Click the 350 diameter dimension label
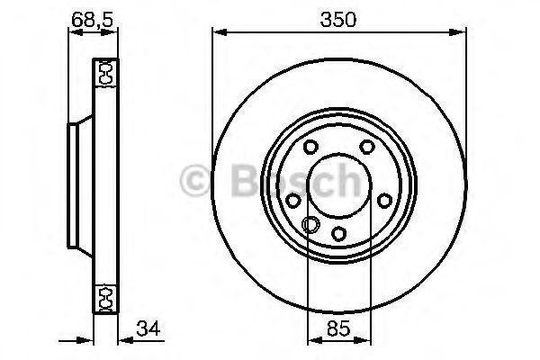click(337, 19)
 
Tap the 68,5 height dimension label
click(93, 19)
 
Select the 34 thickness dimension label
click(148, 328)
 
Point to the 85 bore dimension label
click(338, 328)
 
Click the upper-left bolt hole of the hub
click(310, 147)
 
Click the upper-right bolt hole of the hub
click(367, 147)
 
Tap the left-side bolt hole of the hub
click(293, 201)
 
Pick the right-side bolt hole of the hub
click(384, 201)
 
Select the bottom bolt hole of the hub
click(338, 234)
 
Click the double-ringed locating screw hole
click(310, 225)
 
